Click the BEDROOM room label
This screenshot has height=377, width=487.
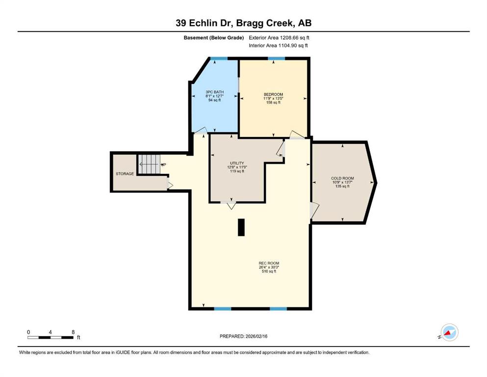[x=273, y=94]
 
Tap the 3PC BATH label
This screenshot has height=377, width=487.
[x=215, y=92]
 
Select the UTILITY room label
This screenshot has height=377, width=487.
[x=237, y=163]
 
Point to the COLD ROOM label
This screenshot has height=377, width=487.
[x=343, y=178]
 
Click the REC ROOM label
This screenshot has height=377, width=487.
[x=269, y=263]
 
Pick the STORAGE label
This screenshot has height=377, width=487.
[x=125, y=174]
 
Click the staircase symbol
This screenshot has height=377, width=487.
[x=149, y=164]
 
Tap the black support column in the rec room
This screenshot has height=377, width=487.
[x=241, y=227]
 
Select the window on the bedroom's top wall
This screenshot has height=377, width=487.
[x=277, y=58]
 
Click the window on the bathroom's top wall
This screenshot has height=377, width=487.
[x=219, y=58]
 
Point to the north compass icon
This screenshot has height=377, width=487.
[x=449, y=332]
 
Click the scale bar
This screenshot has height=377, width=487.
[x=51, y=337]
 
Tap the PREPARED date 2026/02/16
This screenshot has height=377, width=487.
[x=256, y=336]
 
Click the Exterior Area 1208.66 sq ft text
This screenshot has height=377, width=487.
[x=279, y=38]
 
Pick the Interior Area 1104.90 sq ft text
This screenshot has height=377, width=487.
[x=278, y=45]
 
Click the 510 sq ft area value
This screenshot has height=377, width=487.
[x=269, y=271]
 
